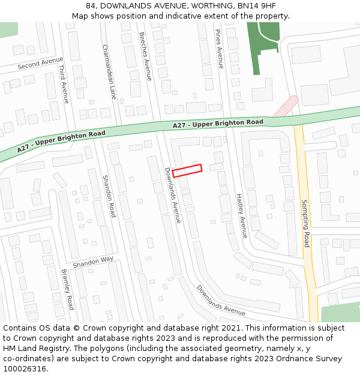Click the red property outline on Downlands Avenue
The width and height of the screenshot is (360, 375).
(187, 170)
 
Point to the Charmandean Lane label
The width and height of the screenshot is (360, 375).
(109, 71)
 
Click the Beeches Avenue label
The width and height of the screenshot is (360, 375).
(145, 56)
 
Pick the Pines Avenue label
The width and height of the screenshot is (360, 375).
(219, 49)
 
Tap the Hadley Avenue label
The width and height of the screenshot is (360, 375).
(241, 215)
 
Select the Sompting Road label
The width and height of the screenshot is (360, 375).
(305, 223)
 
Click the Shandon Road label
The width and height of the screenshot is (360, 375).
(108, 196)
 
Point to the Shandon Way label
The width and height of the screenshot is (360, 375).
(93, 262)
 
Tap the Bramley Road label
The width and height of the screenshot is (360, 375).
(67, 289)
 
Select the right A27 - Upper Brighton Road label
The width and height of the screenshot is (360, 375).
(218, 124)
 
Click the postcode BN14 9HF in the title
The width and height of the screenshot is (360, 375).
(258, 5)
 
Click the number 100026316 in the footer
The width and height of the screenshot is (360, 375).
(25, 369)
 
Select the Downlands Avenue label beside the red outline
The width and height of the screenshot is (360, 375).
(172, 195)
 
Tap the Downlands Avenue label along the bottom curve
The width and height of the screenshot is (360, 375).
(221, 301)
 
